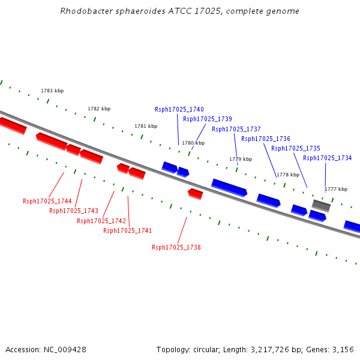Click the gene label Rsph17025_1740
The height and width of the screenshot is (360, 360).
tap(179, 110)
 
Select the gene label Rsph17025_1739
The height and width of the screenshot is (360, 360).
tap(208, 119)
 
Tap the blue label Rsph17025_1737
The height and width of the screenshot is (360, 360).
tap(236, 129)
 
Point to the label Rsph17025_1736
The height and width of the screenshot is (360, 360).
tap(266, 139)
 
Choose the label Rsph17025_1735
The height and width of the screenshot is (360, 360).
tap(296, 149)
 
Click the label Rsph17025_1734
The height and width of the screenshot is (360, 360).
tap(328, 158)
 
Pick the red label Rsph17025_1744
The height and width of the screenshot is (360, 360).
tap(47, 202)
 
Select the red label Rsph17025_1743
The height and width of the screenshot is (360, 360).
tap(74, 211)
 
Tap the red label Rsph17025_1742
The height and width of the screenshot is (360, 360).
tap(101, 221)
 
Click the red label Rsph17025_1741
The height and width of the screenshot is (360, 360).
tap(127, 230)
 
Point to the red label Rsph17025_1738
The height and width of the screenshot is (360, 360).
tap(176, 247)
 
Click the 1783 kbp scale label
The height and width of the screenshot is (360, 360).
tap(52, 91)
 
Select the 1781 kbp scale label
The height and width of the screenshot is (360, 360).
tap(146, 126)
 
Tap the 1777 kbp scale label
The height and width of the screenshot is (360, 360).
tap(336, 189)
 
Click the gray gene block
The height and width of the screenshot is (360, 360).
tap(321, 206)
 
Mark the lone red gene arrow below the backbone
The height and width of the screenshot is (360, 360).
tap(196, 194)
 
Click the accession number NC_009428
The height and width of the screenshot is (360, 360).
tap(65, 350)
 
